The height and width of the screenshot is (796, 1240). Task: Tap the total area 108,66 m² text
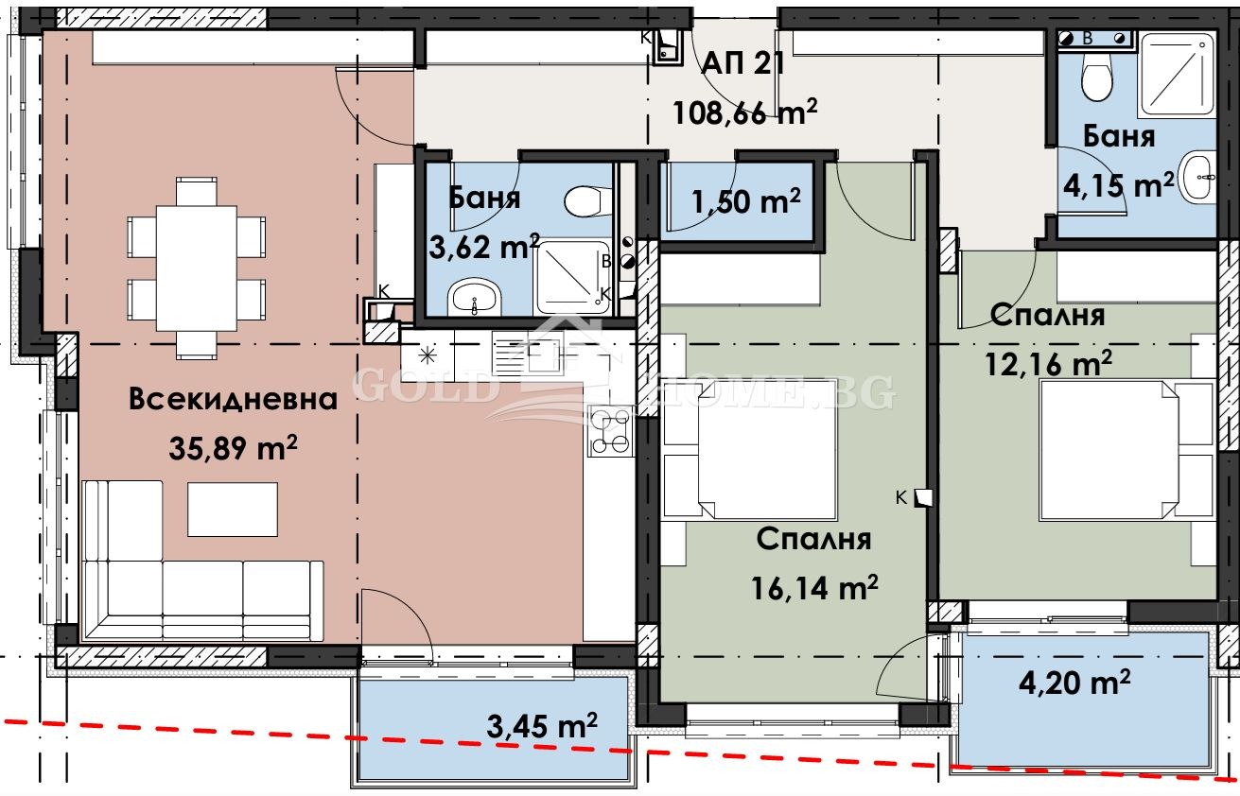coord(744,112)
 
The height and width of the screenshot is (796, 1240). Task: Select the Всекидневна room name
coord(234,399)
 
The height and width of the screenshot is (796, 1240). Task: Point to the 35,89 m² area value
coord(234,448)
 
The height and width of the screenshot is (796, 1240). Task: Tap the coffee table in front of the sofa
coord(233,510)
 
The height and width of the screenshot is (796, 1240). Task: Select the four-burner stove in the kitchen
coord(610,431)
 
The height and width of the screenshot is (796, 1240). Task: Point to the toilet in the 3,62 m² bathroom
coord(586,200)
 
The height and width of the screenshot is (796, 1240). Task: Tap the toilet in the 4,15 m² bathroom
coord(1096,78)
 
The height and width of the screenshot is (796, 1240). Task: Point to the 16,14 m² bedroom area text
coord(816,589)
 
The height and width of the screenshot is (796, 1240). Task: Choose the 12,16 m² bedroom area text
coord(1049,362)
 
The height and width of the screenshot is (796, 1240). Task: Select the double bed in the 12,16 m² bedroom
coord(1126,451)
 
